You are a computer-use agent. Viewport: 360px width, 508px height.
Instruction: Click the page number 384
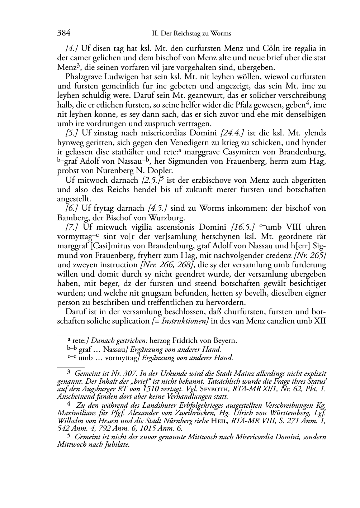tap(63, 33)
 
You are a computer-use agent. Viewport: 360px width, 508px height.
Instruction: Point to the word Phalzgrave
tap(83, 77)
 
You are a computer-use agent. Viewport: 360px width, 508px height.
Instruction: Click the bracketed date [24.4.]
tap(233, 133)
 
